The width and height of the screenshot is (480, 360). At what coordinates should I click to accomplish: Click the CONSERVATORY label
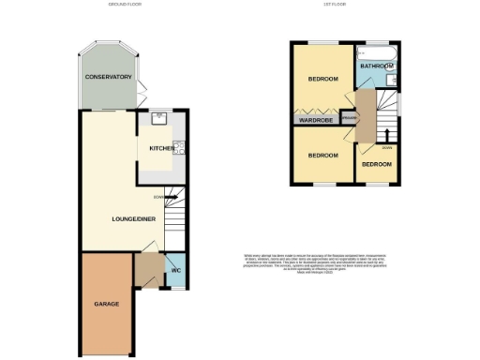[x=107, y=76]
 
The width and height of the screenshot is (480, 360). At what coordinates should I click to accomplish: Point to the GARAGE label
[x=105, y=304]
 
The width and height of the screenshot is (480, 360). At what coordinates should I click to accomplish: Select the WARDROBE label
[x=317, y=120]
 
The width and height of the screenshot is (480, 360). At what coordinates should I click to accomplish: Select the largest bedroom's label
[x=322, y=79]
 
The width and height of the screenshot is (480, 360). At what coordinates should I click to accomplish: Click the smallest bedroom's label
[x=377, y=164]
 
